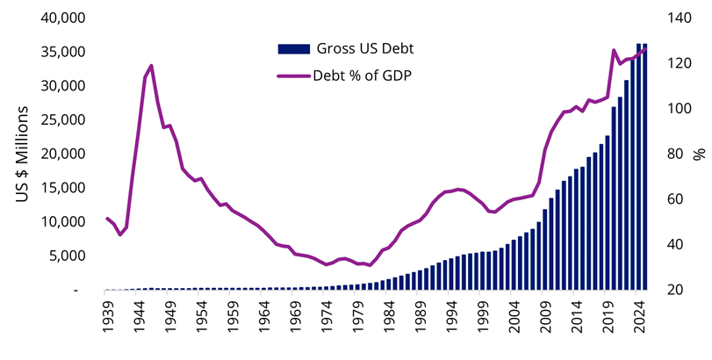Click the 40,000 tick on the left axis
click(x=60, y=18)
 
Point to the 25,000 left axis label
click(x=60, y=119)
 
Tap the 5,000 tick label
click(x=65, y=256)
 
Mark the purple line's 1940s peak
click(x=151, y=66)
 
